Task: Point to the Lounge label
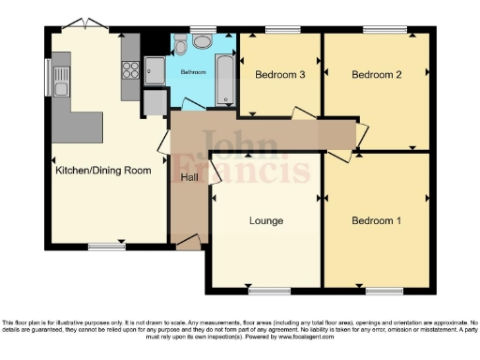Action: tap(266, 221)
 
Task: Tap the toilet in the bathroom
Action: tap(202, 43)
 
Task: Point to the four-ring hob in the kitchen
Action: tap(130, 68)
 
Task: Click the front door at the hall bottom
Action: tap(187, 246)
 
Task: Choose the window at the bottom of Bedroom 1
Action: tap(378, 290)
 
